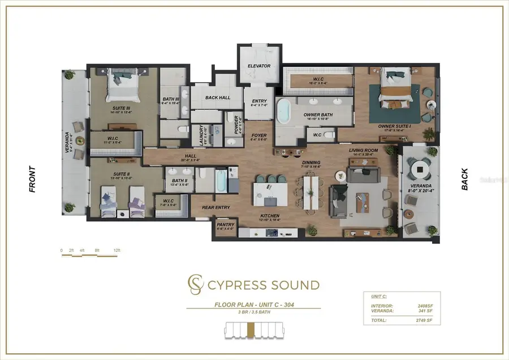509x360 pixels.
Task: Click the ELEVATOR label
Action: point(259,66)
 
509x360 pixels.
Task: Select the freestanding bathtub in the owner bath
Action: point(283,110)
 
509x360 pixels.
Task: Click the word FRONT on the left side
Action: point(32,179)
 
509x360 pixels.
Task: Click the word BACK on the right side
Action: point(465,179)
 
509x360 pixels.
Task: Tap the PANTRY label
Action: point(225,225)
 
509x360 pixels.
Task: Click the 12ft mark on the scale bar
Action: point(117,250)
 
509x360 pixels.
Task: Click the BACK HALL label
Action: point(218,98)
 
